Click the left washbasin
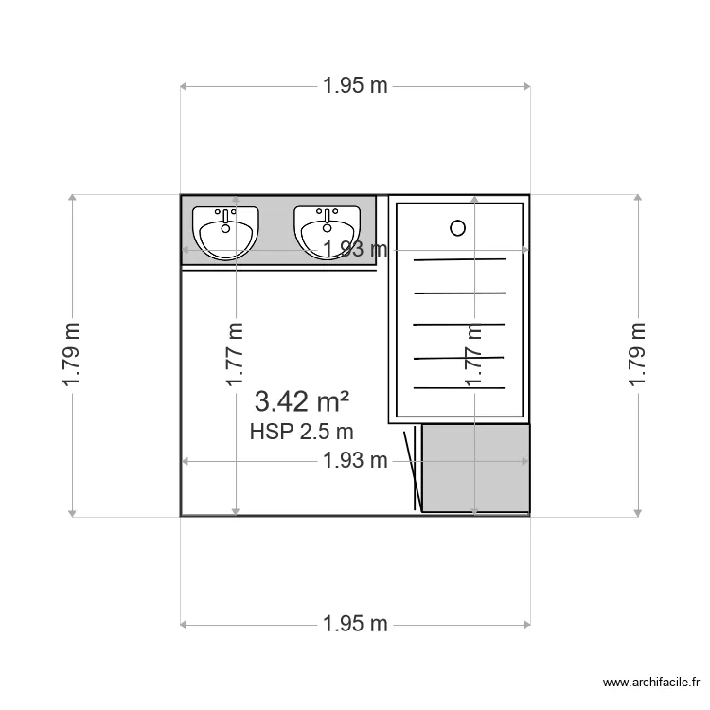[225, 233]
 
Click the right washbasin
[327, 233]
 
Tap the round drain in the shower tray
[458, 228]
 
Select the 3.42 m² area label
[302, 401]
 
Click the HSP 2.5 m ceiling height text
[302, 432]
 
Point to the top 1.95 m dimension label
[355, 86]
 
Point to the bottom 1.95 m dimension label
[355, 624]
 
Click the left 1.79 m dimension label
[72, 355]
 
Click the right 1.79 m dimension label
[637, 355]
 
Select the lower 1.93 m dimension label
[355, 461]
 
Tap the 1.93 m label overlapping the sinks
[355, 249]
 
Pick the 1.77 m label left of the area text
[235, 355]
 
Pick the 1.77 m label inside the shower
[474, 355]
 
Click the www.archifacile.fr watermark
[651, 683]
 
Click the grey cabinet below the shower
[476, 469]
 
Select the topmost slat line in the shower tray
[459, 260]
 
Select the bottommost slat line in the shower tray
[459, 388]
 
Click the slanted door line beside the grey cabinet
[413, 471]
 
